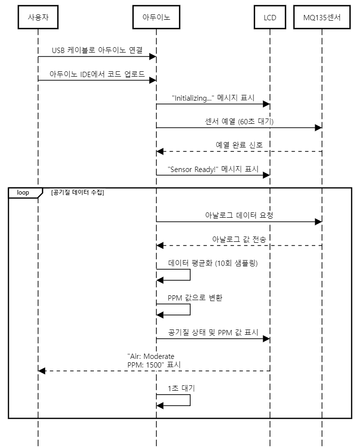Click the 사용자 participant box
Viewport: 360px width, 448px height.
click(38, 18)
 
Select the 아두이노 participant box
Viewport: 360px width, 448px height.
click(156, 18)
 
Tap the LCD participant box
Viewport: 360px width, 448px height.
click(270, 18)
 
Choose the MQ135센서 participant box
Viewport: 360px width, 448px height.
click(322, 18)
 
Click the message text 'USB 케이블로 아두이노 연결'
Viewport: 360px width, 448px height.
click(97, 51)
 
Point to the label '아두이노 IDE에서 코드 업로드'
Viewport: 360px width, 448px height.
click(97, 74)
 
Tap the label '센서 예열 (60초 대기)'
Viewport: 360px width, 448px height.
click(239, 121)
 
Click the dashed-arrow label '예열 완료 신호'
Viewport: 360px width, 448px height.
click(239, 145)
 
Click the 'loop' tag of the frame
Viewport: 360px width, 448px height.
click(23, 192)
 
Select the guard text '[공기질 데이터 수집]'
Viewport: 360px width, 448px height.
click(77, 193)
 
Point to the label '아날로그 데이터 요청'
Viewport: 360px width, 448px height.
click(239, 215)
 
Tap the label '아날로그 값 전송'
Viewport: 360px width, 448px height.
click(239, 239)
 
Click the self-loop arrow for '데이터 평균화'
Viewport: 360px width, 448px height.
click(190, 275)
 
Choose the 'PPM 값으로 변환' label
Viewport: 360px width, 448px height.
click(195, 298)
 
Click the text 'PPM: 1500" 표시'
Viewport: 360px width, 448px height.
click(154, 365)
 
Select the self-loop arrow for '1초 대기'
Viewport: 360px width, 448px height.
click(190, 400)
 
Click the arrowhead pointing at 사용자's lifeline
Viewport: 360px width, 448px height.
click(42, 370)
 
